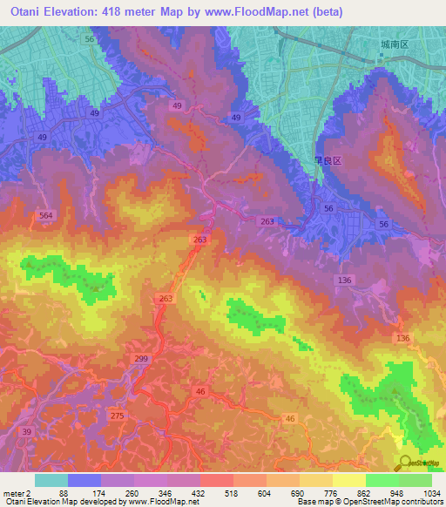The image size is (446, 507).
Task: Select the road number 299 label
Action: coord(142,358)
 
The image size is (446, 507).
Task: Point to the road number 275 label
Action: coord(118,416)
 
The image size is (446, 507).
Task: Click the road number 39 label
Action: coord(27,432)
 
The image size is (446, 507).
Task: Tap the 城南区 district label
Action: coord(394,44)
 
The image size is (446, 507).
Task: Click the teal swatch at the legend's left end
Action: coord(51,480)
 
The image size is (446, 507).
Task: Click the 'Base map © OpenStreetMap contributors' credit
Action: coord(369,502)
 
